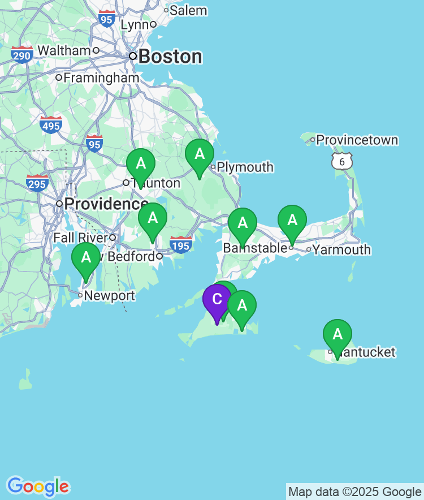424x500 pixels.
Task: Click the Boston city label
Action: [x=170, y=57]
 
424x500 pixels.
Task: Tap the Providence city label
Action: [x=106, y=204]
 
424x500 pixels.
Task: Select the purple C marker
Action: [x=217, y=300]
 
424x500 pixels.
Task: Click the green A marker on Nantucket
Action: [x=338, y=335]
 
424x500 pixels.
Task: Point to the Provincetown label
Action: [x=357, y=140]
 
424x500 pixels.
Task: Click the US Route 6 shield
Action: [x=341, y=161]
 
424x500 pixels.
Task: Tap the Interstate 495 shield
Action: [x=51, y=125]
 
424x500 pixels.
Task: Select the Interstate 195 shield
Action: [x=181, y=245]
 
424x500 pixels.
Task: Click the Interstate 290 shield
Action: [x=21, y=55]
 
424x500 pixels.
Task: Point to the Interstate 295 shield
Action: [x=37, y=184]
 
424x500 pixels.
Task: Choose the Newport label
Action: [x=109, y=295]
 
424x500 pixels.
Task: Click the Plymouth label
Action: [x=245, y=167]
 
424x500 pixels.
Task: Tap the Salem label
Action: [x=188, y=10]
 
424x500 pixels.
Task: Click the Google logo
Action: [x=38, y=486]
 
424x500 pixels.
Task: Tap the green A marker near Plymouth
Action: [x=200, y=154]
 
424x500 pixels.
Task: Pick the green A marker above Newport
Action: [x=86, y=258]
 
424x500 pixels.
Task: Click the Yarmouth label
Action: [x=341, y=249]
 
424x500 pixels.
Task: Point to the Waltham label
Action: [x=64, y=50]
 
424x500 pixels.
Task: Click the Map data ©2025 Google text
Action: [x=354, y=492]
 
